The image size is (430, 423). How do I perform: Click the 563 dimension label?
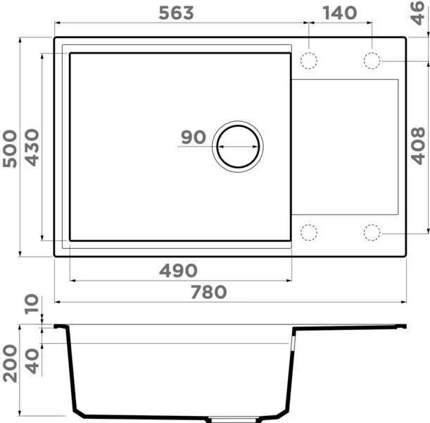point(170,13)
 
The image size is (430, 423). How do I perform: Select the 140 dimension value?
point(340,13)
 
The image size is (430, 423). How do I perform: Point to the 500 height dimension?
point(11,148)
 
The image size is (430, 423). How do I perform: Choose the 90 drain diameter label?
point(192,137)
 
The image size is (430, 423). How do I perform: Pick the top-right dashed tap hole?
point(372,61)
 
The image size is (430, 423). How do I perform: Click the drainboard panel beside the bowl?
point(345,146)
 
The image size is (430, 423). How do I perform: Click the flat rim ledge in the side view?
point(348,327)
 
